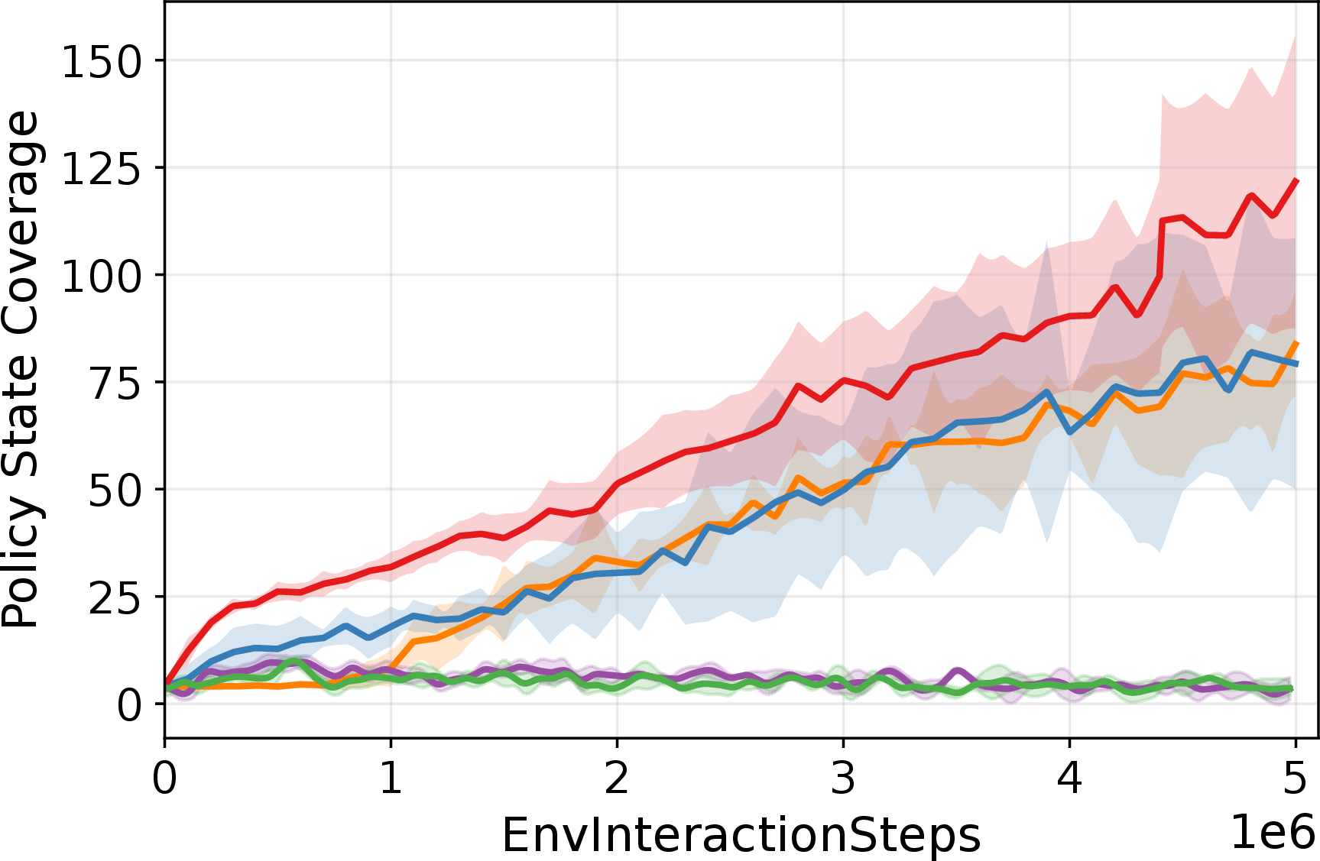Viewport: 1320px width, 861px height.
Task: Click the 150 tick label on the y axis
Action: (x=102, y=61)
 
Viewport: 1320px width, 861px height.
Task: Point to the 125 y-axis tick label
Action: (x=102, y=168)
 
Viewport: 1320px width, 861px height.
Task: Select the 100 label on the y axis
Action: (x=102, y=276)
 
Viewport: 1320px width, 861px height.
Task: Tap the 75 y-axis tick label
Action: (x=115, y=383)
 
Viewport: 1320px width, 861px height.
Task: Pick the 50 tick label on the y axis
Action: (x=115, y=490)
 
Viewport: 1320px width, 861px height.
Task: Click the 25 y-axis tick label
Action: (x=115, y=597)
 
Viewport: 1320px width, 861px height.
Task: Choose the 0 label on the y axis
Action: (x=130, y=704)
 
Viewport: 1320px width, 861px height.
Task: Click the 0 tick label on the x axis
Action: (x=164, y=778)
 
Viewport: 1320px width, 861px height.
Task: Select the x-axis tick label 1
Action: (x=391, y=778)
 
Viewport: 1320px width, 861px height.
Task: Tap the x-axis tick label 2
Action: (x=617, y=778)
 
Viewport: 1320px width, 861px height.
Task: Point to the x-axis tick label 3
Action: (x=843, y=778)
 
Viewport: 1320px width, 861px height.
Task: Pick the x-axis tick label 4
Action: (x=1069, y=778)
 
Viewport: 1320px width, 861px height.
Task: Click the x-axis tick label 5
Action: (x=1296, y=778)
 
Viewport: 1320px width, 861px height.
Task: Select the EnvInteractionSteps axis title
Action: (x=741, y=835)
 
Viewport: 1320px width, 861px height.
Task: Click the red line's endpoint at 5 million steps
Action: (x=1296, y=180)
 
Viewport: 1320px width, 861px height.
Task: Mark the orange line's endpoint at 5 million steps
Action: (x=1296, y=343)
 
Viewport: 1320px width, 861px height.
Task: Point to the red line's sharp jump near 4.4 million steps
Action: (x=1161, y=248)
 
